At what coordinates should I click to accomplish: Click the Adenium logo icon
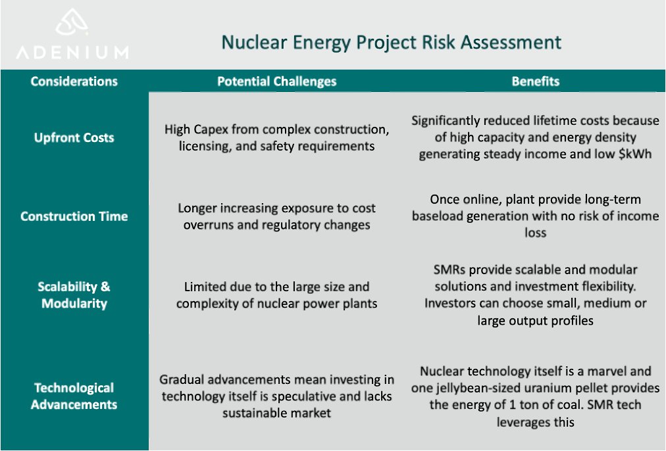[71, 24]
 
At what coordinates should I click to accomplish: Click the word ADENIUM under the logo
[72, 52]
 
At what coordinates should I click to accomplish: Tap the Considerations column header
[74, 82]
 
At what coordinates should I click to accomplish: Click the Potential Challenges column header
[276, 82]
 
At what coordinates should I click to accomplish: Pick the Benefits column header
[535, 82]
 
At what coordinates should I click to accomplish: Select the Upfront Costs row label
[74, 138]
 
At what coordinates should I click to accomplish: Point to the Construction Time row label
[74, 216]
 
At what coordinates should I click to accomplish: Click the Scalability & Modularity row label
[74, 295]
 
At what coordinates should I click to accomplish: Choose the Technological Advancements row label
[74, 396]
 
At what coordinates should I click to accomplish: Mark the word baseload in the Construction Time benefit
[439, 216]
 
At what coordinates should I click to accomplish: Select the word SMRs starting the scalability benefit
[451, 270]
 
